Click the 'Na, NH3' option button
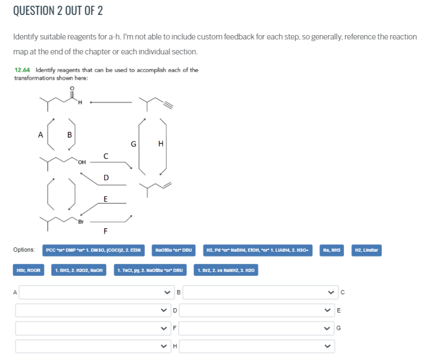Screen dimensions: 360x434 (334, 250)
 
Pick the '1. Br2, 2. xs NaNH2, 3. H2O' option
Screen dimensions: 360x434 (227, 271)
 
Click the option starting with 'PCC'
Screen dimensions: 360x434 (93, 250)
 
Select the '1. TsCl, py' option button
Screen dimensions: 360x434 (151, 271)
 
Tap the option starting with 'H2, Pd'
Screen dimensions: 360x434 (259, 250)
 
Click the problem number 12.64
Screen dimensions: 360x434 (22, 70)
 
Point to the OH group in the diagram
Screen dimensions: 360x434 (82, 162)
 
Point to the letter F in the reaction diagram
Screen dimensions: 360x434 (105, 231)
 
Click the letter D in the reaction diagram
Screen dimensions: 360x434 (106, 178)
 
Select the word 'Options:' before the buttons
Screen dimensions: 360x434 (24, 250)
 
